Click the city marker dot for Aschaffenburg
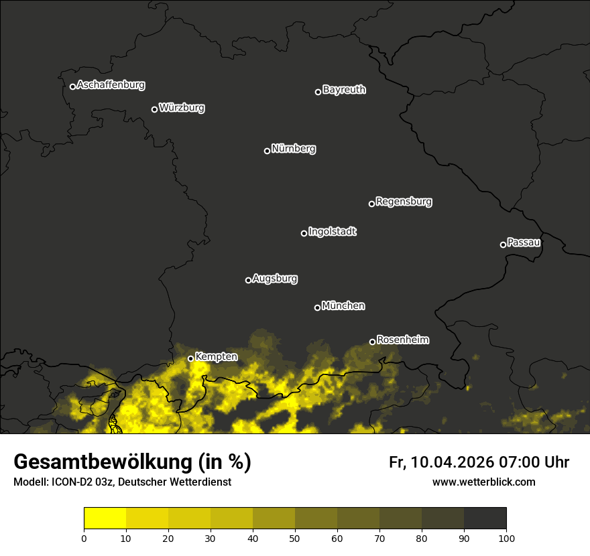(x=72, y=86)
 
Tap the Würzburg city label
(x=182, y=108)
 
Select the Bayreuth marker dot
(x=318, y=92)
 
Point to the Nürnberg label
(x=294, y=149)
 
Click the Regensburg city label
(x=404, y=202)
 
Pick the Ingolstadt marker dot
(x=304, y=233)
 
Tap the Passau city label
(x=524, y=242)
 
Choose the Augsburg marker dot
(x=248, y=280)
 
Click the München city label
(x=343, y=306)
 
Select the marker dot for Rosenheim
(x=372, y=342)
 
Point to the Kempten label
(x=216, y=357)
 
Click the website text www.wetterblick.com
(x=483, y=482)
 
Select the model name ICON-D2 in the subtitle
(x=73, y=482)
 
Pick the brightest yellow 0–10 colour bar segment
(x=105, y=518)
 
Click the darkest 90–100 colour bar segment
(x=485, y=518)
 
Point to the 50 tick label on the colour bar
(x=295, y=538)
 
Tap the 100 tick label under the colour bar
(x=506, y=538)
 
